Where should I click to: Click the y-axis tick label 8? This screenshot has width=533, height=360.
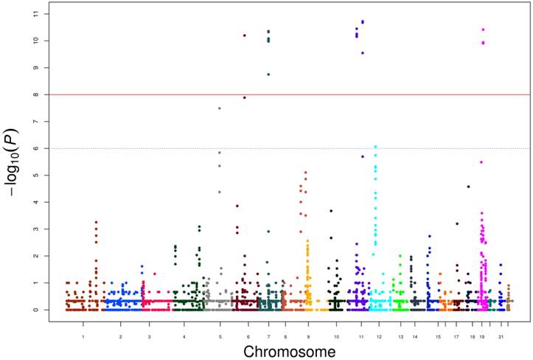[x=36, y=94]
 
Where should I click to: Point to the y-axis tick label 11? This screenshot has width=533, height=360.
[x=36, y=14]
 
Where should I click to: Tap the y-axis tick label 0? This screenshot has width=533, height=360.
[x=36, y=310]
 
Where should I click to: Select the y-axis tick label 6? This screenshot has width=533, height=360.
[x=36, y=148]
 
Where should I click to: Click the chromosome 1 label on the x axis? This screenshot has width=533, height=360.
[x=83, y=336]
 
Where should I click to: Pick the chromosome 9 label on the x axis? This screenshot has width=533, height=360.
[x=307, y=336]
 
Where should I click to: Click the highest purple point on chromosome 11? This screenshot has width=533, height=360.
[x=363, y=22]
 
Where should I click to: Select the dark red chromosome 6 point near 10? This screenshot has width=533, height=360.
[x=244, y=35]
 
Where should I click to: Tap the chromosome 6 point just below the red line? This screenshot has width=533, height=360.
[x=244, y=97]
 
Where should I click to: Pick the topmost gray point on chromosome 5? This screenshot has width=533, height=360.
[x=219, y=108]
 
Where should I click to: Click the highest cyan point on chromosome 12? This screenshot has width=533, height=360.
[x=375, y=147]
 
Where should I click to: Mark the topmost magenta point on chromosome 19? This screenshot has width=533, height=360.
[x=483, y=30]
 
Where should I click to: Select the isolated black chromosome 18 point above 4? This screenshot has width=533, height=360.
[x=468, y=187]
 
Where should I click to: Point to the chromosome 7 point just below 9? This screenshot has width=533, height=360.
[x=268, y=75]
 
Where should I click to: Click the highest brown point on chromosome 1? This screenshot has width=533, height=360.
[x=95, y=222]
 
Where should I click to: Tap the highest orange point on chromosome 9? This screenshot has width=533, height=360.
[x=305, y=173]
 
